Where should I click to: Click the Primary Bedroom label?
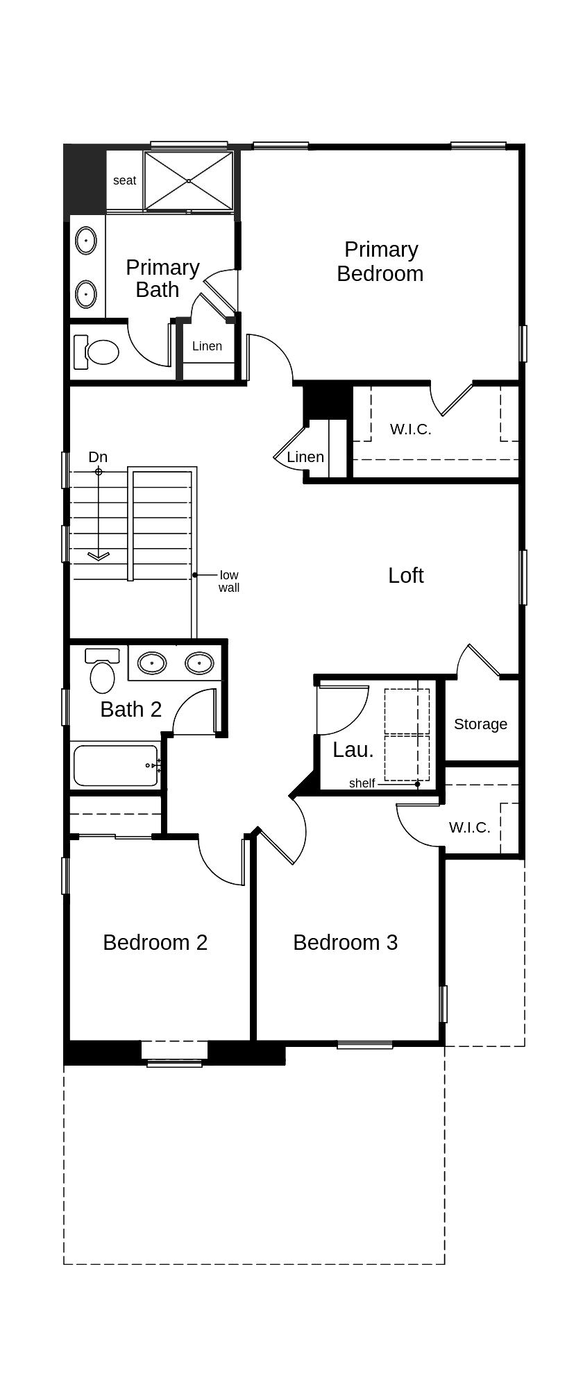pos(380,262)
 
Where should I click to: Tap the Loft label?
pos(406,575)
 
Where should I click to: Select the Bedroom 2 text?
pos(155,942)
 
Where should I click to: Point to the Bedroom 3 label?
pos(346,942)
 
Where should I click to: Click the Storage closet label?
pos(481,724)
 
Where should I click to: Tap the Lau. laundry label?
pos(353,750)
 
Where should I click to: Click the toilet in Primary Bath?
pos(96,352)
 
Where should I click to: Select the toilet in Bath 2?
pos(102,670)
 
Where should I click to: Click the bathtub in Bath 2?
pos(116,766)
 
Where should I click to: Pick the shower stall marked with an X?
pos(189,181)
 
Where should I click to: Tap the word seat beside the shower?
pos(125,180)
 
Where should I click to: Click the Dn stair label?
pos(98,457)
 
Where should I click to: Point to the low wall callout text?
pos(229,581)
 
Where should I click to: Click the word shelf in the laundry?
pos(362,783)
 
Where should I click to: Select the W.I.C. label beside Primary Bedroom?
pos(411,429)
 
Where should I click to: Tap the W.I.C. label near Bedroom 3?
pos(470,828)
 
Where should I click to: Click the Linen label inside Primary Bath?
pos(208,346)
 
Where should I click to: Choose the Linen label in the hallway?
pos(305,457)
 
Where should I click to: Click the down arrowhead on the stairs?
pos(99,556)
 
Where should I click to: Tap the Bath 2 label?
pos(131,709)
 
